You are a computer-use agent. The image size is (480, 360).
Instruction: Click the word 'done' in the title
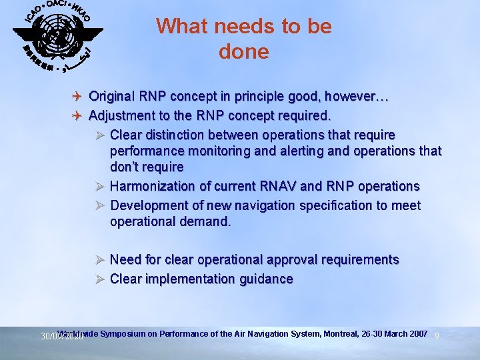point(243,52)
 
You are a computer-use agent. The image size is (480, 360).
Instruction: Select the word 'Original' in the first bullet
point(113,97)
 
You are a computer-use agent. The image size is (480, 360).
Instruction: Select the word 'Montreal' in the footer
point(341,333)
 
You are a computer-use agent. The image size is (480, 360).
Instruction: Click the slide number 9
point(437,335)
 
